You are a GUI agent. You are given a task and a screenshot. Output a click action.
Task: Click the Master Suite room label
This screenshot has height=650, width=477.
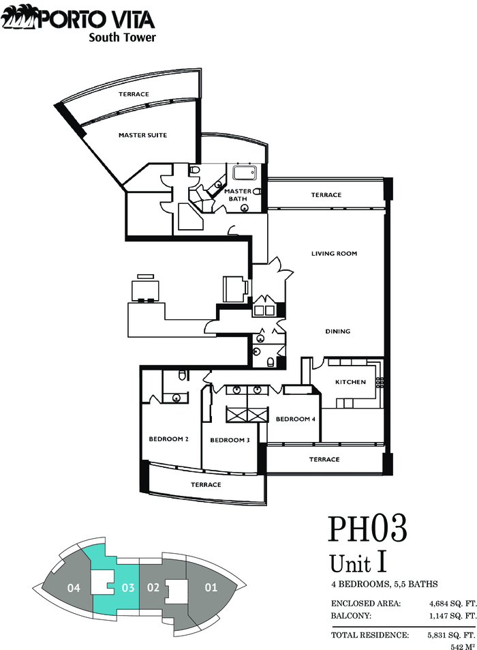click(x=143, y=135)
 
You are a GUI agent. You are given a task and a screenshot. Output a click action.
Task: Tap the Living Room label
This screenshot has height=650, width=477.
click(x=334, y=253)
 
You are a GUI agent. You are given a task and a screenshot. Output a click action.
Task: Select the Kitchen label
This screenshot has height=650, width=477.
click(x=350, y=382)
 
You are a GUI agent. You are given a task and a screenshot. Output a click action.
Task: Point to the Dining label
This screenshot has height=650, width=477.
click(x=337, y=331)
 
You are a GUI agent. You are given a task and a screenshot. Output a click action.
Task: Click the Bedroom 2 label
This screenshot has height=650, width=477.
click(x=169, y=439)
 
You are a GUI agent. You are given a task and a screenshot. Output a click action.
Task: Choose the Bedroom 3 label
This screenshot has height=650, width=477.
click(x=230, y=440)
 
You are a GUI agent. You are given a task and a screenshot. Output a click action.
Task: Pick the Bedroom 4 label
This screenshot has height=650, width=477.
click(x=296, y=419)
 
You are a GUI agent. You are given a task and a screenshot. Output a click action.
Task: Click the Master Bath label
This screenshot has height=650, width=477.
click(x=238, y=195)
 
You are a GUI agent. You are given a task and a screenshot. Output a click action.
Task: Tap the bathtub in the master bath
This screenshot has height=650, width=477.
click(x=245, y=173)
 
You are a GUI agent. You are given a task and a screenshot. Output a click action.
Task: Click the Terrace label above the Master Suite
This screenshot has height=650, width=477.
click(x=134, y=94)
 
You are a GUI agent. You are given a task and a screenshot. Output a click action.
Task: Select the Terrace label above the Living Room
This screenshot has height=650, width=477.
click(x=326, y=194)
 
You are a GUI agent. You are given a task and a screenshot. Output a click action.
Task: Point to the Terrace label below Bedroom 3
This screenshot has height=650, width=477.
click(x=206, y=484)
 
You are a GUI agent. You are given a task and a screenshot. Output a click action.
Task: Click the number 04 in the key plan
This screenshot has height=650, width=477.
click(x=74, y=588)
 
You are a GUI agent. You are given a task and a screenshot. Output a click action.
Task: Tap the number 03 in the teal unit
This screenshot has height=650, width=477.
click(x=128, y=588)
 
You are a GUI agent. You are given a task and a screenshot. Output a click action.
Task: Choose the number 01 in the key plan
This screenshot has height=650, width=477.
click(x=211, y=587)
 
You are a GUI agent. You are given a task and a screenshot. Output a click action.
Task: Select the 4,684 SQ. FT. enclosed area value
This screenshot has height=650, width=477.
click(x=452, y=604)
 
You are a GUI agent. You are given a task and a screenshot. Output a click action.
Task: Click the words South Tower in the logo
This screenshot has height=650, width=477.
click(x=122, y=38)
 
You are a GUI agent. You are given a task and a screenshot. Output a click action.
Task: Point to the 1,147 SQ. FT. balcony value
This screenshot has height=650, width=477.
click(x=452, y=616)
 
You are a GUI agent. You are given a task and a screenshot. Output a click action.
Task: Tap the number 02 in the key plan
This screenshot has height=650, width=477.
click(x=153, y=588)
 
